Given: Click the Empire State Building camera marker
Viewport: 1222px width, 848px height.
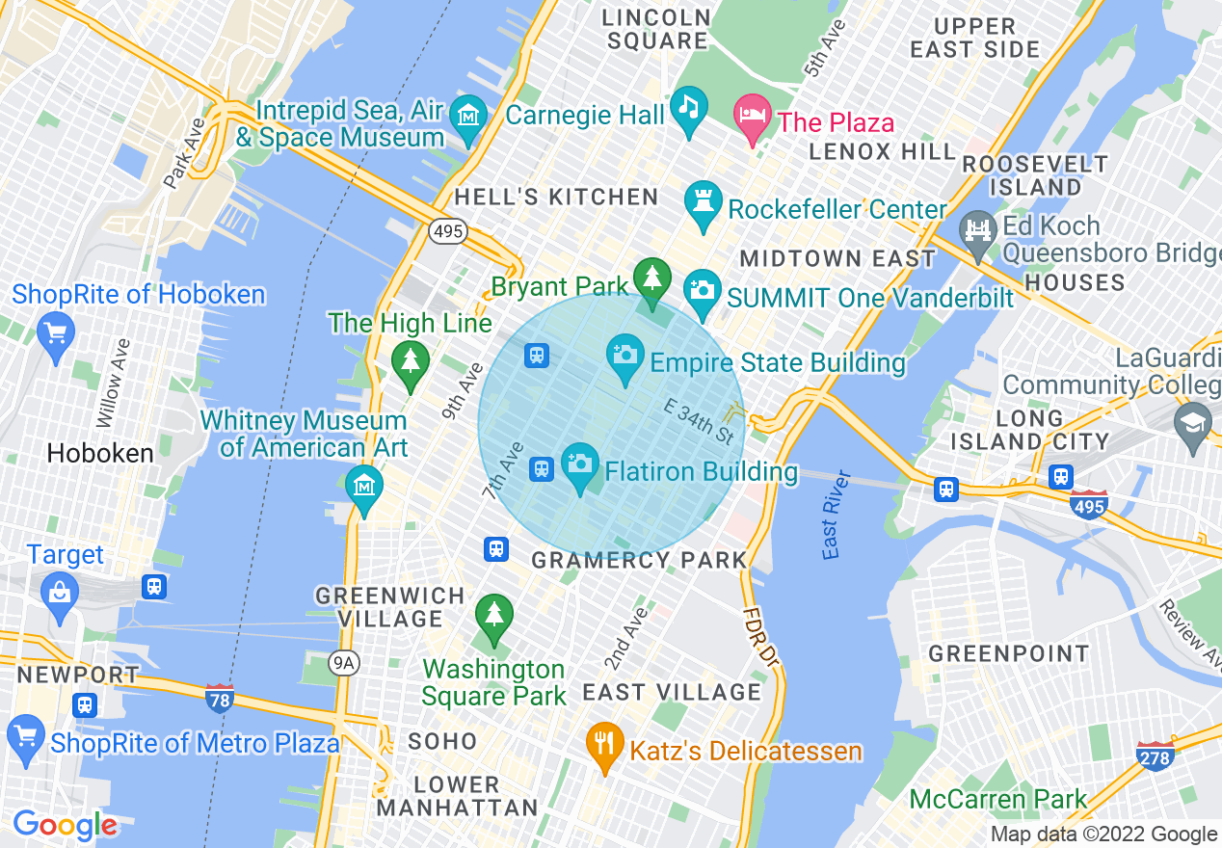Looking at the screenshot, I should point(624,355).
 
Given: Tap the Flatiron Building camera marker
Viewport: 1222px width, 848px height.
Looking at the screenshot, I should point(580,464).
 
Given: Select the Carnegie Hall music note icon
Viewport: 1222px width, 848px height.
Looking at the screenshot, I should point(688,106).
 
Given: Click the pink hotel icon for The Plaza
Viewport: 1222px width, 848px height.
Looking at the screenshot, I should point(753,115).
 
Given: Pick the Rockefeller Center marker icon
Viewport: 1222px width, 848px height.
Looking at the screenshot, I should point(703,201).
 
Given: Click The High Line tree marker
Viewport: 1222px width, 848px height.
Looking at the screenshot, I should point(411,361).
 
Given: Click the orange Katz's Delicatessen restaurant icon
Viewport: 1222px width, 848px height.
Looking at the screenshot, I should point(604,743).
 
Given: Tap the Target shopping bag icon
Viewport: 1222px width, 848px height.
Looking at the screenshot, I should point(60,591).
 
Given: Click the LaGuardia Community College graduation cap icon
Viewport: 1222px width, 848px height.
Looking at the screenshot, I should point(1193,424).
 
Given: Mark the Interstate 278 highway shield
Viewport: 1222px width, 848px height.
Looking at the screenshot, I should point(1155,756).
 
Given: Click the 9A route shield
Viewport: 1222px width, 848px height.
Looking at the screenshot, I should point(342,662).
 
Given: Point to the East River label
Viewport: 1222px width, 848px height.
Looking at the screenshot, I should point(836,515).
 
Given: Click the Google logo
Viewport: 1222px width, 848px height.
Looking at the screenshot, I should point(65,825).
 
